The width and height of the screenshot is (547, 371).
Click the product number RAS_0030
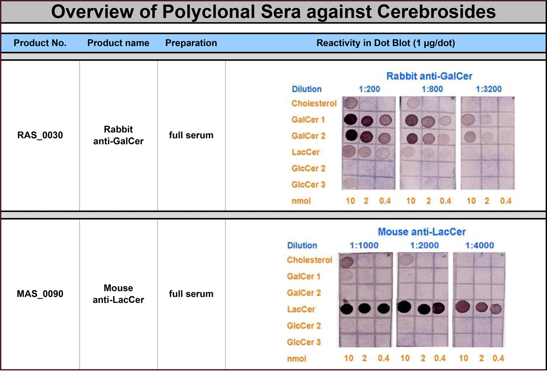coord(40,135)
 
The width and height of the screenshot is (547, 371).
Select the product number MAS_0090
coord(40,294)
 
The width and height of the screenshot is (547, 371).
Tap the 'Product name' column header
coord(118,43)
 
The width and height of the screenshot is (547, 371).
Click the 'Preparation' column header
coord(191,43)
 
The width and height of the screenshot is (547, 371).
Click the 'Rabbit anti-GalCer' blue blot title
coord(429,76)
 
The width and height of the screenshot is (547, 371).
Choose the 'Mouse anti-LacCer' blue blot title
coord(422,232)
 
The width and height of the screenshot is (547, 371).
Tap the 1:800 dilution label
coord(432,89)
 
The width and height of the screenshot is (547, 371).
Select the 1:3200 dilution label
coord(489,89)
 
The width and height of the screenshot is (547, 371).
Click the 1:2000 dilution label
coord(424,245)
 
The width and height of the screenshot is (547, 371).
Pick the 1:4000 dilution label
coord(480,245)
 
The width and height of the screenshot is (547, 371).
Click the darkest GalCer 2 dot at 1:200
coord(351,135)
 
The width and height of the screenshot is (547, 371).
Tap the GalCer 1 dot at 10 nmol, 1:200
coord(351,119)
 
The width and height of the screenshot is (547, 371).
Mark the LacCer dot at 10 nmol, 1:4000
coord(463,307)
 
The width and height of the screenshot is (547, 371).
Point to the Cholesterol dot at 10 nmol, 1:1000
coord(347,262)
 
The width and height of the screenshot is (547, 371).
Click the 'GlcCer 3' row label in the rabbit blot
coord(309,185)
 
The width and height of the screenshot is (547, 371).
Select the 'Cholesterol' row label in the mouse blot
coord(310,260)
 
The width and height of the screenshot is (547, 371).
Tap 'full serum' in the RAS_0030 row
coord(191,135)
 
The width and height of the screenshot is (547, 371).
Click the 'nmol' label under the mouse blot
coord(296,359)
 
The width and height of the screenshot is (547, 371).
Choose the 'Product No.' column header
coord(40,43)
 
